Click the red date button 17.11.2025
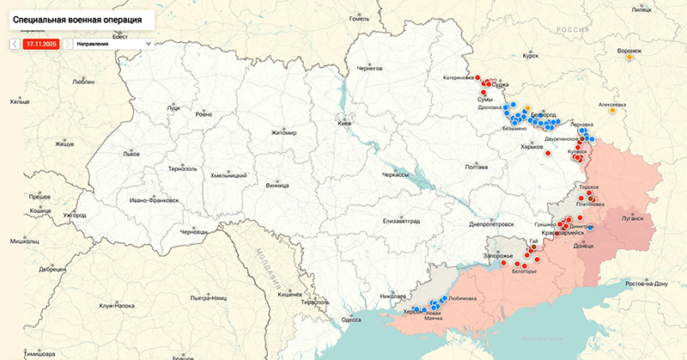point(41,42)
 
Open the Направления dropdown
point(112,42)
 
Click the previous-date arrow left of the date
point(15,42)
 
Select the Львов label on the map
point(131,154)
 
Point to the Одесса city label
point(351,319)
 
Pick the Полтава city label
point(476,168)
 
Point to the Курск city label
point(530,56)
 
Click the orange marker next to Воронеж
point(629,58)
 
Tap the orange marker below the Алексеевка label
point(612,110)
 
